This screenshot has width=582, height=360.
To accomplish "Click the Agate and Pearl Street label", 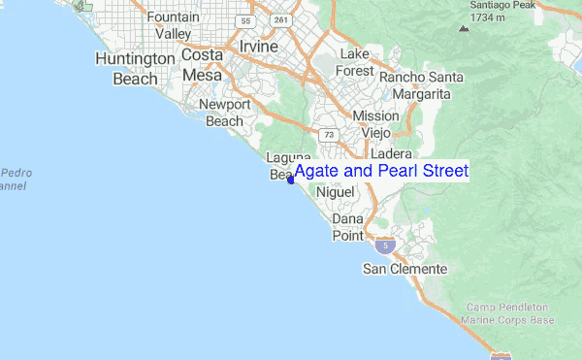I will click(x=380, y=172).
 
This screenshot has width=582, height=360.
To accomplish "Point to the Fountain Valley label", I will click(x=168, y=25).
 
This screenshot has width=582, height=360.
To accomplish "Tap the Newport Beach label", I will click(x=224, y=113).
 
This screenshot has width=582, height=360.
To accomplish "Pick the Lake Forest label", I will click(x=355, y=62).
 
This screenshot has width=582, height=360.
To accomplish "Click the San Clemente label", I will click(x=404, y=268).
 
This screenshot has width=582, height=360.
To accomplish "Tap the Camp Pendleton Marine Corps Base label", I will click(x=509, y=312).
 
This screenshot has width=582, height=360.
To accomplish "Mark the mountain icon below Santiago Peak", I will click(x=464, y=28).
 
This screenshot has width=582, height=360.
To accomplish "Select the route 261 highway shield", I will click(x=281, y=19).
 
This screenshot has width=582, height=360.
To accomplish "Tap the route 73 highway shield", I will click(x=329, y=134).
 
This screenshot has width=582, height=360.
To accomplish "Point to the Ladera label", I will click(x=392, y=153).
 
